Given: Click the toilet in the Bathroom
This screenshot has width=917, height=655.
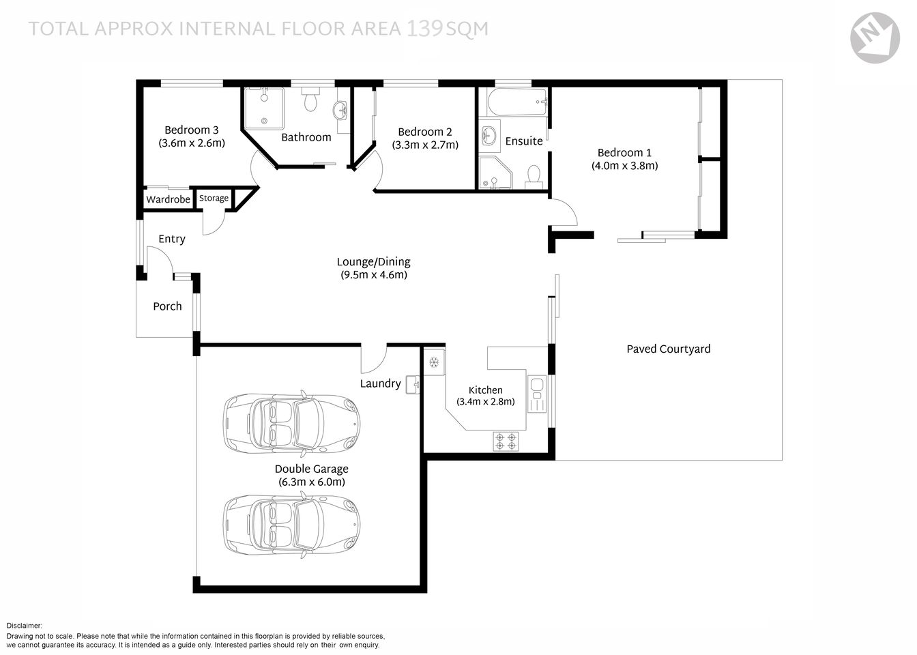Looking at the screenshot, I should click(x=311, y=100).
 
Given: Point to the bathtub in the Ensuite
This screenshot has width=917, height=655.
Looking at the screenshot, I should click(x=516, y=104).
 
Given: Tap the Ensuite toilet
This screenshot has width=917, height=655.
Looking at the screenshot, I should click(x=534, y=176).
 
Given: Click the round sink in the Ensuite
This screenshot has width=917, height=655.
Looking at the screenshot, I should click(x=489, y=134).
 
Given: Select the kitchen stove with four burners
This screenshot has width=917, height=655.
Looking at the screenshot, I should click(x=506, y=441).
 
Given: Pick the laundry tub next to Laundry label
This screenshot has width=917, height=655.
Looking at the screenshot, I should click(x=413, y=385).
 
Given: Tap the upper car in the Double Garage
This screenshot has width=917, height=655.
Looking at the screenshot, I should click(x=292, y=424).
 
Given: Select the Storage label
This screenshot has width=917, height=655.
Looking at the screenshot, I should click(x=214, y=199).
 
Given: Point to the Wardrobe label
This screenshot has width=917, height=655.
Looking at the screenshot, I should click(x=168, y=200).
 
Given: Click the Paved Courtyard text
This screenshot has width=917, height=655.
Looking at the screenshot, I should click(x=668, y=349).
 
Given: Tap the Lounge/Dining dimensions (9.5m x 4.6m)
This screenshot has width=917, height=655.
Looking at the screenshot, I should click(x=374, y=275).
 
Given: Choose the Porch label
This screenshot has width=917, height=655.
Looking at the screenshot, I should click(x=167, y=306).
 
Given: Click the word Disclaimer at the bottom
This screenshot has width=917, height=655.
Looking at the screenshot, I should click(x=25, y=626).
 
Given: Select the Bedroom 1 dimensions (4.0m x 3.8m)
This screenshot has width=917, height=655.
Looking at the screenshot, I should click(x=624, y=166).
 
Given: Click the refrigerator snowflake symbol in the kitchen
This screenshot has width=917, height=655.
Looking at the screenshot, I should click(x=433, y=362).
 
